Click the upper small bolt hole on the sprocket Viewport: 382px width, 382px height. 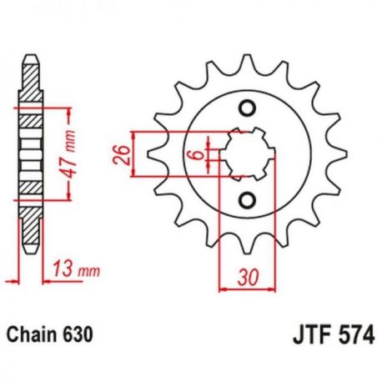247,108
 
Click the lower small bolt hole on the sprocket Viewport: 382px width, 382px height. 247,200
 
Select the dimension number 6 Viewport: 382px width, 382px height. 199,154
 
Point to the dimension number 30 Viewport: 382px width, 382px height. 249,278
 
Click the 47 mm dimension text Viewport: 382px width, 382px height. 68,153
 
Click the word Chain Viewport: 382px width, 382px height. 30,334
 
